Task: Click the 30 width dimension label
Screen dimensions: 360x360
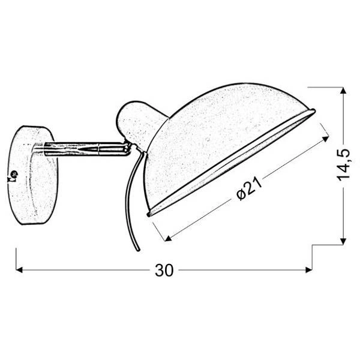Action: [163, 270]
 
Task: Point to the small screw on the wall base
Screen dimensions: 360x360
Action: [14, 175]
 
